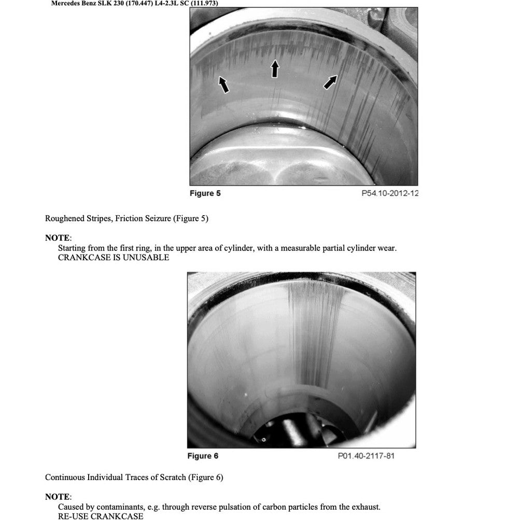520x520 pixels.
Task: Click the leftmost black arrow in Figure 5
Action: coord(223,85)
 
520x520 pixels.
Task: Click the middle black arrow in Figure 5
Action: coord(275,68)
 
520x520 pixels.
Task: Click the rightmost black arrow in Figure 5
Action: coord(330,81)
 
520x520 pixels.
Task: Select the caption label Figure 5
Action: coord(205,193)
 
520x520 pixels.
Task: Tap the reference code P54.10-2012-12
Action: coord(390,193)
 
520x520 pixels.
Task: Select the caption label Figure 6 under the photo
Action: coord(203,456)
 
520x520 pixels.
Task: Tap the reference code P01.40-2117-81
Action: coord(366,456)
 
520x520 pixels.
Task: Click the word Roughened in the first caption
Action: coord(64,218)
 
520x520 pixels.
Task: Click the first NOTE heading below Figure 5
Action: coord(57,238)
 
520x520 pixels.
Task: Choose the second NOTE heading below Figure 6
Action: coord(57,497)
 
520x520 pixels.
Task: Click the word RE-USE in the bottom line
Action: coord(73,516)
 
